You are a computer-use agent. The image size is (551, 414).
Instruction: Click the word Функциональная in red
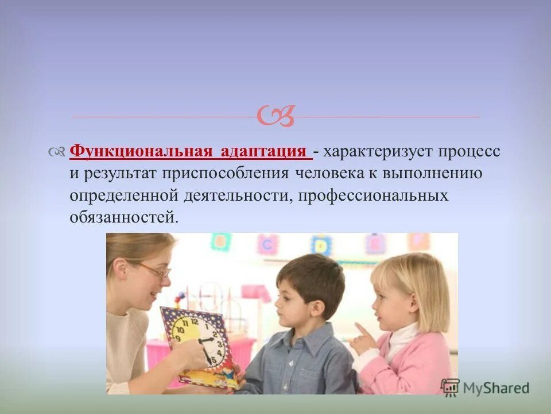pos(141,152)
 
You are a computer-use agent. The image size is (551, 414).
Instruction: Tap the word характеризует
pos(379,152)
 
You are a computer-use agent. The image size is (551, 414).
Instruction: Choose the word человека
pos(333,174)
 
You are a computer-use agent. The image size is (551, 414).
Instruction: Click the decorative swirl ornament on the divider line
pos(275,116)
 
